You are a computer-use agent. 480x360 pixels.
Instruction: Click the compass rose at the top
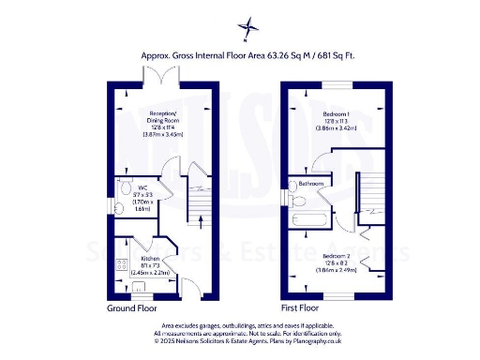pyautogui.click(x=247, y=27)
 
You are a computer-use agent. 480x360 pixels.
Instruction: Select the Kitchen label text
pyautogui.click(x=149, y=259)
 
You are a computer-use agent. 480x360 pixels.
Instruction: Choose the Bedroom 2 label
pyautogui.click(x=337, y=255)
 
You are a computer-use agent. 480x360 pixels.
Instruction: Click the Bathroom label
pyautogui.click(x=312, y=184)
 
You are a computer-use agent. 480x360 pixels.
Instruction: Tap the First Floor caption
pyautogui.click(x=300, y=307)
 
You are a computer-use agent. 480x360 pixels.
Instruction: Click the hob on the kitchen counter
pyautogui.click(x=119, y=263)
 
